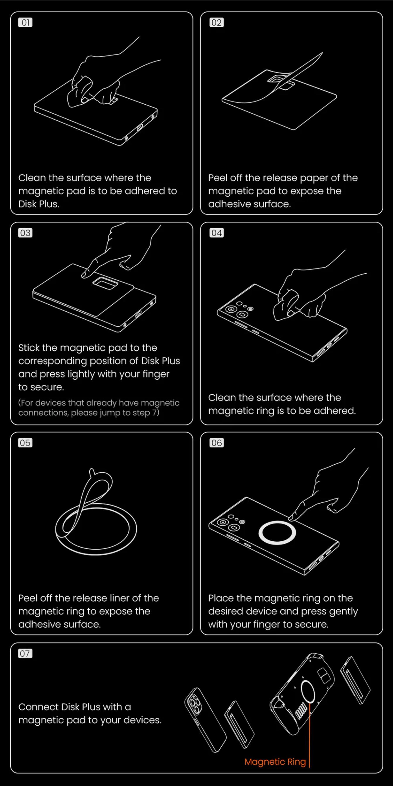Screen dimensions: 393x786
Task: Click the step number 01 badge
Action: pyautogui.click(x=25, y=23)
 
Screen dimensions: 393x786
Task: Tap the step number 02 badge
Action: pyautogui.click(x=216, y=23)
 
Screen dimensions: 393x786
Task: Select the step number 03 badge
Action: pyautogui.click(x=25, y=233)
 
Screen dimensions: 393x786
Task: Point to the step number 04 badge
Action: pyautogui.click(x=216, y=233)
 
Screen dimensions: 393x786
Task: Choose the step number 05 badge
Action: pyautogui.click(x=25, y=443)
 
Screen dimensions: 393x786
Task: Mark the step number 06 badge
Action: pyautogui.click(x=216, y=443)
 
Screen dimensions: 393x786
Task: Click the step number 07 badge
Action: pyautogui.click(x=25, y=653)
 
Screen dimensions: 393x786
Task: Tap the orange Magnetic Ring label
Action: pyautogui.click(x=275, y=762)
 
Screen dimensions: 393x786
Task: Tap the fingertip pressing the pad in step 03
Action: pyautogui.click(x=83, y=275)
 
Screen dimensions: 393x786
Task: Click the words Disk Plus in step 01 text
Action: pyautogui.click(x=38, y=204)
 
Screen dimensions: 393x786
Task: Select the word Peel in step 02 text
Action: pyautogui.click(x=218, y=178)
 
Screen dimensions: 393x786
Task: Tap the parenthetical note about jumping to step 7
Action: pyautogui.click(x=99, y=408)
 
